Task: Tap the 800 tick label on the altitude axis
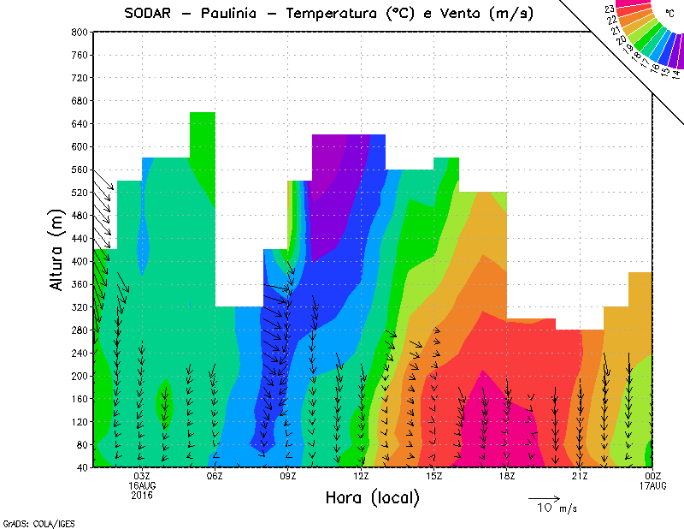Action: click(x=80, y=32)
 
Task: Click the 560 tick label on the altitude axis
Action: click(x=80, y=169)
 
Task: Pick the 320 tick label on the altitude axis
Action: click(x=80, y=307)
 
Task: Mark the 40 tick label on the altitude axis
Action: click(x=83, y=467)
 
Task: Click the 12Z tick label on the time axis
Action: click(x=361, y=476)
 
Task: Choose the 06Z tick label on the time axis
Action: click(x=215, y=476)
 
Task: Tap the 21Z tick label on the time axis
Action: click(x=580, y=476)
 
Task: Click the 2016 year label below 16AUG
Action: click(x=142, y=495)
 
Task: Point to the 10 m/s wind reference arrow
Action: click(x=543, y=497)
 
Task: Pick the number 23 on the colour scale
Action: click(x=609, y=9)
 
